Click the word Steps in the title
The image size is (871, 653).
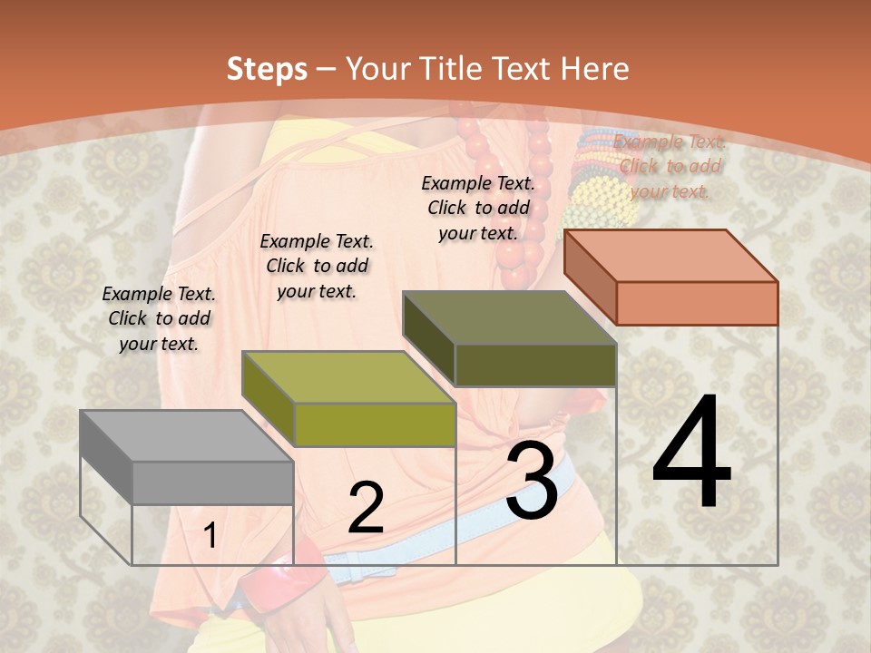[267, 69]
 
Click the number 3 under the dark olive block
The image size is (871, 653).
[532, 482]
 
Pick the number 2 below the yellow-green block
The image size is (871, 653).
[366, 508]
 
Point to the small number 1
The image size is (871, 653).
[210, 536]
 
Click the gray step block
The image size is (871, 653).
[186, 457]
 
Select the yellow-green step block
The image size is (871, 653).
[348, 399]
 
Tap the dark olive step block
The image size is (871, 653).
[510, 338]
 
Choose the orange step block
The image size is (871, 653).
[671, 277]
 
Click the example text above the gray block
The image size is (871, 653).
[160, 318]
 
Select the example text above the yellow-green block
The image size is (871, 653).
[317, 266]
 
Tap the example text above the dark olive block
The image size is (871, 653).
[478, 208]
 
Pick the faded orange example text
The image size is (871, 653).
[670, 166]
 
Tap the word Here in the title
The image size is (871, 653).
[594, 69]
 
